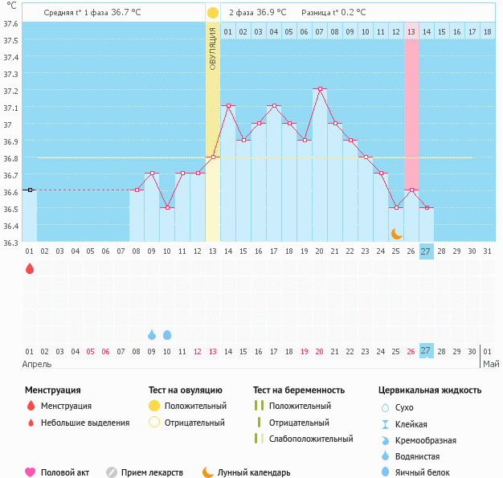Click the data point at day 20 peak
(x=320, y=88)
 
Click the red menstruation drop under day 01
(x=30, y=268)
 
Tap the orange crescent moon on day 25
(x=396, y=233)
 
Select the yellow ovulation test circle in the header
(x=212, y=13)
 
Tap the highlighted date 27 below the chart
(x=426, y=350)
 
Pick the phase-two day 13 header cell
(x=411, y=31)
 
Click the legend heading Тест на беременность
(x=299, y=390)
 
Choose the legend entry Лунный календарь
(x=253, y=473)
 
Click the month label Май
(x=490, y=364)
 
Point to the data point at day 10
(x=166, y=207)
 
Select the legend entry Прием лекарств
(x=152, y=473)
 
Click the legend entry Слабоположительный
(x=311, y=439)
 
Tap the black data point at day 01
(x=30, y=190)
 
